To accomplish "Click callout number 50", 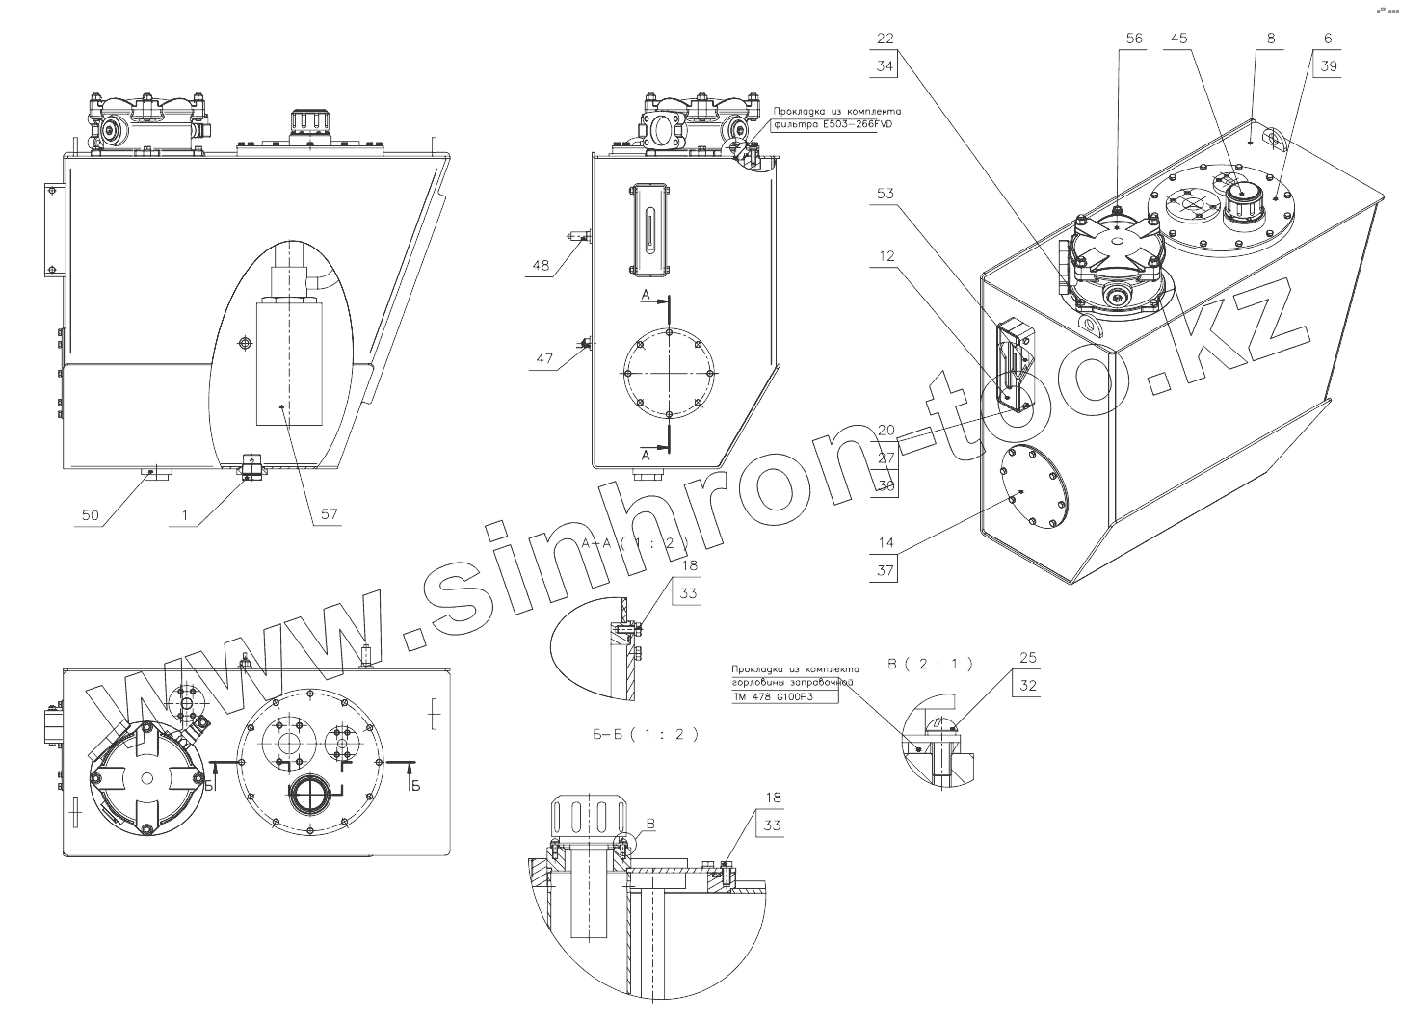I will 90,515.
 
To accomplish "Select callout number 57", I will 330,515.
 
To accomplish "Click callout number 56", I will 1134,39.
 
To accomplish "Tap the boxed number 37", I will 886,571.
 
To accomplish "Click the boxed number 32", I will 1028,686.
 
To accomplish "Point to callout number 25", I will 1027,658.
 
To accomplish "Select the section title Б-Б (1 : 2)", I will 646,734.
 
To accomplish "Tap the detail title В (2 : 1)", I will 929,664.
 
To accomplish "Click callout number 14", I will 885,543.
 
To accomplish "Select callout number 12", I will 886,256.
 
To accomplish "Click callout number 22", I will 886,39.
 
